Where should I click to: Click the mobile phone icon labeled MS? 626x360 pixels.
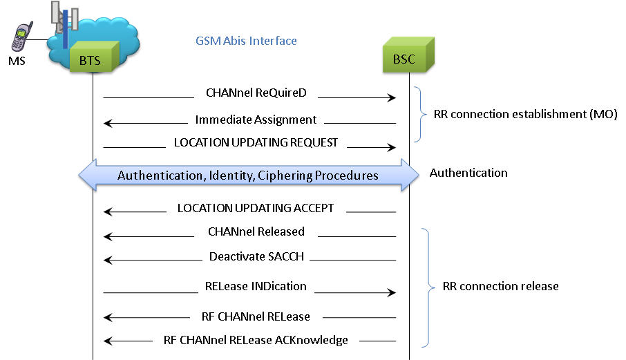pos(23,37)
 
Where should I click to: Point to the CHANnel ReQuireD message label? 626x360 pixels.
pos(256,93)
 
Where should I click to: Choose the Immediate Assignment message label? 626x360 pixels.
pos(256,120)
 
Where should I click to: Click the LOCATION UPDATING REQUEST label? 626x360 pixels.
pos(256,142)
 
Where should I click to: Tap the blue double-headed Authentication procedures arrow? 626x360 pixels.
pos(248,175)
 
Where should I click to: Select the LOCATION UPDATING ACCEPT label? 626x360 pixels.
pos(256,207)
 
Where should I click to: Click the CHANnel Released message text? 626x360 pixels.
pos(256,231)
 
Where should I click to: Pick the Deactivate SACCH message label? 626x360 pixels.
pos(256,256)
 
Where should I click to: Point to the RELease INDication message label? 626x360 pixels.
pos(256,286)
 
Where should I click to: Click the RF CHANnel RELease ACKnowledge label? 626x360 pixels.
pos(256,339)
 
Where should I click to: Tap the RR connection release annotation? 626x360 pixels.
pos(500,286)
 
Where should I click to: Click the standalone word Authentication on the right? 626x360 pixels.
pos(468,173)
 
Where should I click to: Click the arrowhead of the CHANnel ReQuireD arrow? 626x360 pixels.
pos(391,98)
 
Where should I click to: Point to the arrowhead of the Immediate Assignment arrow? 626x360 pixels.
pos(108,124)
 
